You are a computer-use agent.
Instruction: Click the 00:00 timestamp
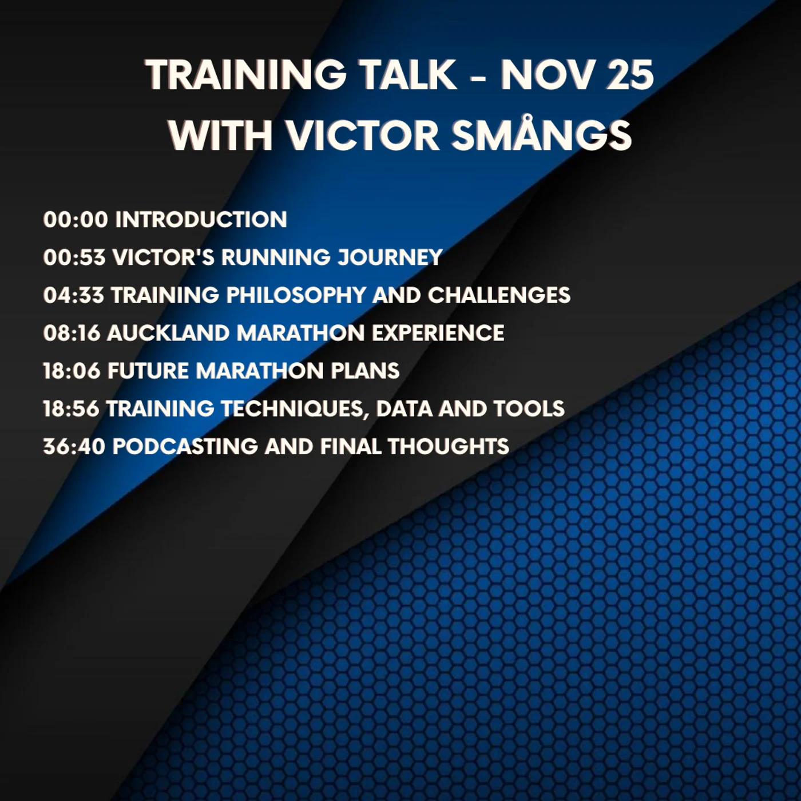75,220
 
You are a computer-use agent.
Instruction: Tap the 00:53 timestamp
74,257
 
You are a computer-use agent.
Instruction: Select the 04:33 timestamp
73,295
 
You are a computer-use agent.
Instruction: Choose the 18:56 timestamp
71,409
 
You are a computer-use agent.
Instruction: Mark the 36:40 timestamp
74,446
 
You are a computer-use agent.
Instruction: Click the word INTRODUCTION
201,220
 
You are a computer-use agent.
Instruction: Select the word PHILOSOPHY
296,295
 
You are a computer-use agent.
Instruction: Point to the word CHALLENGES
499,295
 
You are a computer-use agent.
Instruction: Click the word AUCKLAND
168,333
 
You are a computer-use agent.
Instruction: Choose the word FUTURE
148,371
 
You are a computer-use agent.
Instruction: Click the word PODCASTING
185,446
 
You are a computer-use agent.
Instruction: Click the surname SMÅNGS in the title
541,135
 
